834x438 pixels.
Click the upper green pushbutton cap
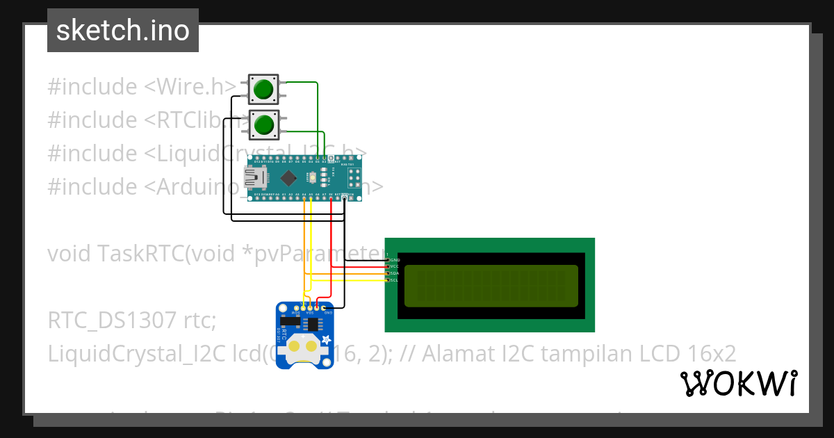pyautogui.click(x=263, y=89)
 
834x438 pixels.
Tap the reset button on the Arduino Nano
pyautogui.click(x=314, y=179)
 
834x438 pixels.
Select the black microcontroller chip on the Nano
pyautogui.click(x=285, y=178)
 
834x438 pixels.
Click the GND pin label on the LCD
pyautogui.click(x=395, y=259)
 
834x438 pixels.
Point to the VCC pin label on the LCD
pyautogui.click(x=395, y=266)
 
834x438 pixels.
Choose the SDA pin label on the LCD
pyautogui.click(x=395, y=273)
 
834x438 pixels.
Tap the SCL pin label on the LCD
pyautogui.click(x=395, y=280)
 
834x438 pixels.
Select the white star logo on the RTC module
pyautogui.click(x=325, y=339)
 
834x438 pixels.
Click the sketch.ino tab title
pyautogui.click(x=123, y=31)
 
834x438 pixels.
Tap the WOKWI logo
pyautogui.click(x=738, y=383)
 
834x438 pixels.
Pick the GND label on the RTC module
pyautogui.click(x=329, y=313)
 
